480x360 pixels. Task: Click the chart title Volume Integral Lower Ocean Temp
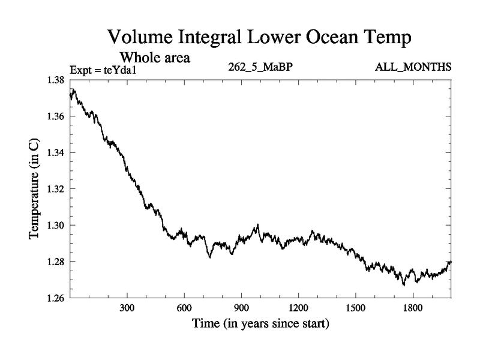click(259, 38)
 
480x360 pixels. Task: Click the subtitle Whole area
click(155, 58)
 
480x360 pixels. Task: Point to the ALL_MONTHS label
click(413, 67)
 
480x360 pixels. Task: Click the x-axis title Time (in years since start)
click(260, 325)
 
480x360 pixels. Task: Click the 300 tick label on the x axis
click(127, 308)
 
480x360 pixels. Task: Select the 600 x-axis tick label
click(184, 308)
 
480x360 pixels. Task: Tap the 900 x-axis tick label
click(241, 308)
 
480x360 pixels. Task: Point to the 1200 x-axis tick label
click(298, 308)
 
